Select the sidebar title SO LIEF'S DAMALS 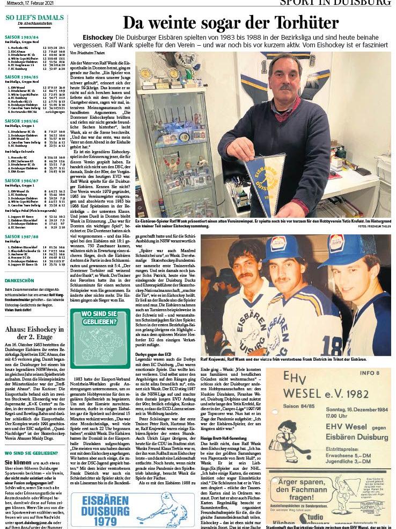pyautogui.click(x=34, y=17)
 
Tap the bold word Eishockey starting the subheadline pyautogui.click(x=98, y=37)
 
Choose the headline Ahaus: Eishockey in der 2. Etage pyautogui.click(x=34, y=333)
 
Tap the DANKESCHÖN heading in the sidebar pyautogui.click(x=19, y=281)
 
